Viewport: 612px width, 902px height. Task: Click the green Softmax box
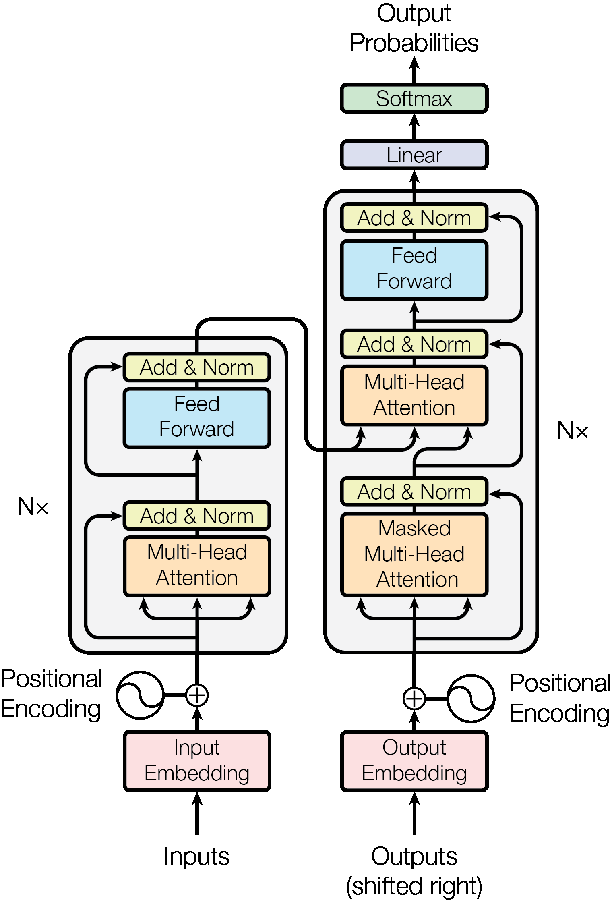pos(414,98)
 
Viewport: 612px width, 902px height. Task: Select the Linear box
pos(414,155)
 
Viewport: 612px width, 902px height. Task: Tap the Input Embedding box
pos(196,761)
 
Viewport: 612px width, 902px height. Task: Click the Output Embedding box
pos(414,761)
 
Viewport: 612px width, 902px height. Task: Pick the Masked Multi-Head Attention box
pos(414,554)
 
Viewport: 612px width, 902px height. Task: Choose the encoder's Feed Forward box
pos(196,417)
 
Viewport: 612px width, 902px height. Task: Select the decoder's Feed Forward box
pos(414,269)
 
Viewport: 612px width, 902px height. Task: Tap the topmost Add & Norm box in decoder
pos(414,218)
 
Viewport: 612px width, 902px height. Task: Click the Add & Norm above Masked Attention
pos(414,492)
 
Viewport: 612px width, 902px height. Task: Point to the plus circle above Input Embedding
pos(196,695)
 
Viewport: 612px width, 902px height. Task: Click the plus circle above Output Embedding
pos(414,698)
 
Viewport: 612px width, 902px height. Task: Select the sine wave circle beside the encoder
pos(140,695)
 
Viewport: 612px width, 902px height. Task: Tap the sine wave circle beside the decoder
pos(471,698)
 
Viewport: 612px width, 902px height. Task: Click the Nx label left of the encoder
pos(33,506)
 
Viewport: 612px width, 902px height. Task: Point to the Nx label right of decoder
pos(572,431)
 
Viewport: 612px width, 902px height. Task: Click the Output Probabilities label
pos(414,28)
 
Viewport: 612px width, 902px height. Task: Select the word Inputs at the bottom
pos(196,856)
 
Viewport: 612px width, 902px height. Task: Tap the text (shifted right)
pos(414,885)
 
